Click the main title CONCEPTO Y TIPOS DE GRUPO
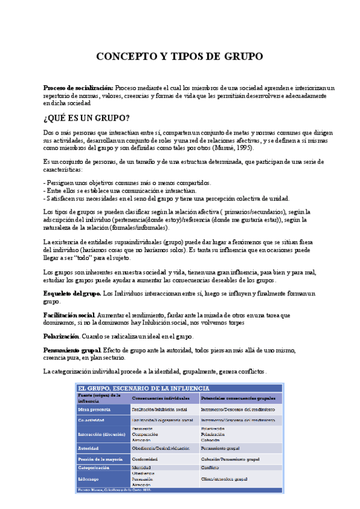(x=180, y=57)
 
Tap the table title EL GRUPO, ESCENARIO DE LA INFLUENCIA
(x=143, y=388)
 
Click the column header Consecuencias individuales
(x=164, y=398)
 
